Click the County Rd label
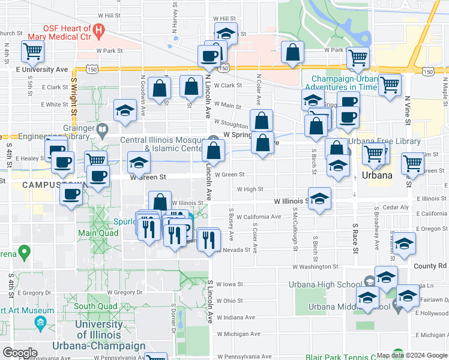tap(430, 266)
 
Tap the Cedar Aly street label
tap(396, 207)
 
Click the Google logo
tap(20, 353)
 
